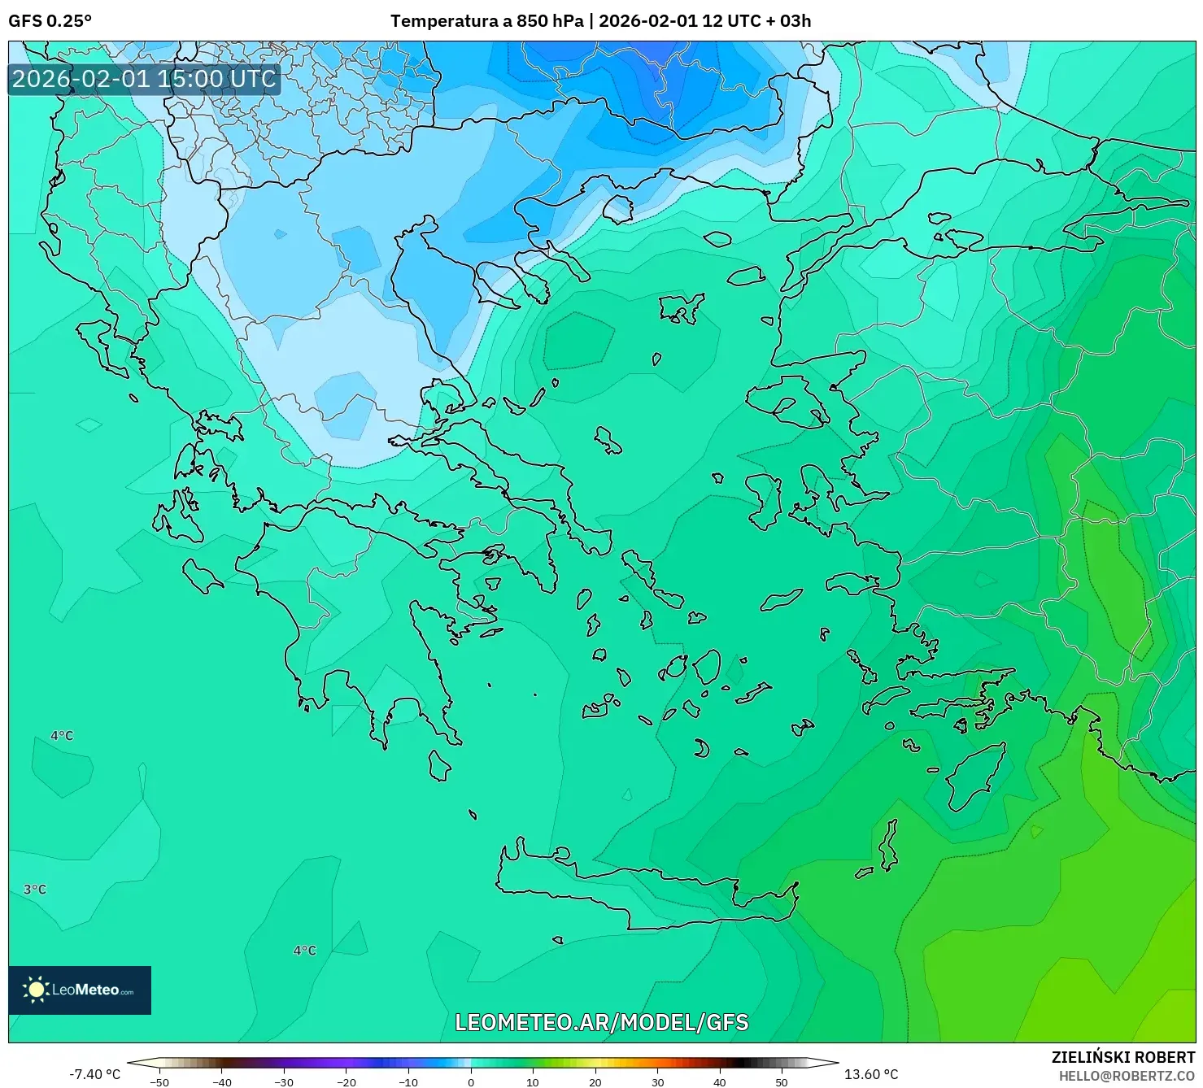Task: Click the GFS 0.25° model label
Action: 50,21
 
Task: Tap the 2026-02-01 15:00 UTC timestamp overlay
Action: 144,79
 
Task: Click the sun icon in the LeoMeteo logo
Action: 36,990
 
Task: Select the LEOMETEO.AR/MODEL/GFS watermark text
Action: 601,1022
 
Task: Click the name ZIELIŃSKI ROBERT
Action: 1122,1058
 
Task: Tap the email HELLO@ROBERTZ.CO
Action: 1126,1075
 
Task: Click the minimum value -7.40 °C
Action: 94,1074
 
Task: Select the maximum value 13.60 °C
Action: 870,1074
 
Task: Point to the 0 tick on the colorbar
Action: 471,1082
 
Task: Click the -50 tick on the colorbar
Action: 159,1082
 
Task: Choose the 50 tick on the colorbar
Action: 782,1082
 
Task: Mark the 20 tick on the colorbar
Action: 595,1082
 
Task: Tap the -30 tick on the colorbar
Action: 284,1082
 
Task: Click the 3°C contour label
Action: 35,890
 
